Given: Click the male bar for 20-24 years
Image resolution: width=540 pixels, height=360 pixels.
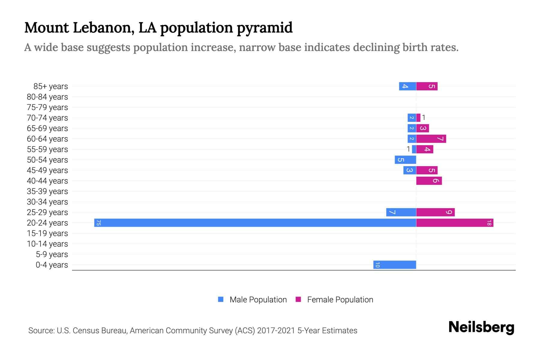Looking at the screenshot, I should pos(255,223).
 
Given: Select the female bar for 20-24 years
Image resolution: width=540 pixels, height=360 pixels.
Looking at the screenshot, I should pos(454,223).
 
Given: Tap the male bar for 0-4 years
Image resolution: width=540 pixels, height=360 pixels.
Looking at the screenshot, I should pos(394,265).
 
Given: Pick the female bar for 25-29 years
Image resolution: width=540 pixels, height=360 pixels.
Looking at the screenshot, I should pos(435,212).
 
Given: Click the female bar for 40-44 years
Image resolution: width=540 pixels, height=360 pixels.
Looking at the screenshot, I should pos(429,181).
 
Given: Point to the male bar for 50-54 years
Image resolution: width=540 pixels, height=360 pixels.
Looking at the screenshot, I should pos(405,160).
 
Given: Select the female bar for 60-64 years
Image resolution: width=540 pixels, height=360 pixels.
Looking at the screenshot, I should pos(431,139).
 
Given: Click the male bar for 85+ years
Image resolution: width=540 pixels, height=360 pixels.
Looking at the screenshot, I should pos(407,86).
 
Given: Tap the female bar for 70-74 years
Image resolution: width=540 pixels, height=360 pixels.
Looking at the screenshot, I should pos(418,118).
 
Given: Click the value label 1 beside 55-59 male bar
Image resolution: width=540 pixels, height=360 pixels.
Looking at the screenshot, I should pos(408,149).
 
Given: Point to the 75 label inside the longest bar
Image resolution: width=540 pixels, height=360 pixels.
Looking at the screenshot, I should pos(98,223).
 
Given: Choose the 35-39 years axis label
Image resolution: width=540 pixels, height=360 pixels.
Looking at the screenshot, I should pos(47,191).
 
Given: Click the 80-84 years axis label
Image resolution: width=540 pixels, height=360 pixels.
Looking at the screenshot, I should pos(47,97).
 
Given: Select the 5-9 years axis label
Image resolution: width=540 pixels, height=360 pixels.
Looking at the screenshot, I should pos(52,254).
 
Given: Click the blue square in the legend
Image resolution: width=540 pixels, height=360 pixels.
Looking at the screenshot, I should pos(221,299).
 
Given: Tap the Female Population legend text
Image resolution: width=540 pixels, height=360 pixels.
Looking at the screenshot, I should pos(340,299).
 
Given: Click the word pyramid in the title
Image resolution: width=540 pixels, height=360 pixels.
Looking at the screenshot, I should pos(264,28).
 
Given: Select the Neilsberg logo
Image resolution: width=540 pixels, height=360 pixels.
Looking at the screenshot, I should pos(481,327).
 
